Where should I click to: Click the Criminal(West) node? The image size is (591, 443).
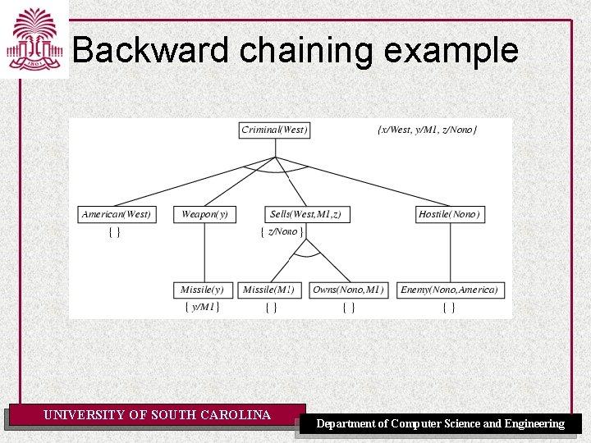tap(274, 130)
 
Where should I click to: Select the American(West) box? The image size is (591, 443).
tap(117, 214)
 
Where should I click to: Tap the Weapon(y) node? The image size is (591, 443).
tap(204, 214)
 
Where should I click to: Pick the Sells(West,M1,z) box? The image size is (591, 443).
tap(305, 214)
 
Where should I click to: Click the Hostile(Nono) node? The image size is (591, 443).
tap(450, 214)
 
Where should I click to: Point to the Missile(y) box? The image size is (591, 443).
tap(202, 290)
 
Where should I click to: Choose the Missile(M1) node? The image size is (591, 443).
tap(270, 290)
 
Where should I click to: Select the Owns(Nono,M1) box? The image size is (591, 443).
tap(348, 290)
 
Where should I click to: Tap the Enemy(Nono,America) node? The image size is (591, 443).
tap(449, 290)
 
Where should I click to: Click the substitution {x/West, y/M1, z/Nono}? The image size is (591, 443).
tap(427, 130)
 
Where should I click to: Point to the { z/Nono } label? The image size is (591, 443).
tap(282, 232)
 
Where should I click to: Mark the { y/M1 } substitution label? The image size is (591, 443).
tap(201, 308)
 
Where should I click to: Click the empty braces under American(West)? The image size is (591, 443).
tap(115, 232)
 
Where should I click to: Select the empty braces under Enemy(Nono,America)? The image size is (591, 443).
tap(449, 308)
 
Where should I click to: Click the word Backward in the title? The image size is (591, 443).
tap(150, 51)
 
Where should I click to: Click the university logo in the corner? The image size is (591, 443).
tap(34, 39)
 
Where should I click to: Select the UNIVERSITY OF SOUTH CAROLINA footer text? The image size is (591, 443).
tap(157, 415)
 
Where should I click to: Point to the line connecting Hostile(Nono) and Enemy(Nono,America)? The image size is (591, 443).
tap(450, 252)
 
